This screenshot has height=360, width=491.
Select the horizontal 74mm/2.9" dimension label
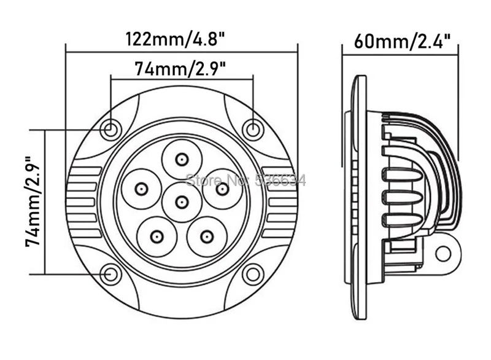pyautogui.click(x=180, y=69)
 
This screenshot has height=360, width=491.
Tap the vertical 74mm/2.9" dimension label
pyautogui.click(x=33, y=202)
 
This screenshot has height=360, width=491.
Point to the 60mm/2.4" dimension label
pyautogui.click(x=402, y=41)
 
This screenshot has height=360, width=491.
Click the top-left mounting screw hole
pyautogui.click(x=110, y=128)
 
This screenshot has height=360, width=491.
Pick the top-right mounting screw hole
pyautogui.click(x=253, y=128)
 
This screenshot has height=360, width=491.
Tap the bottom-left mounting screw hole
pyautogui.click(x=110, y=274)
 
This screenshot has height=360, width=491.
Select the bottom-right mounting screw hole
pyautogui.click(x=253, y=274)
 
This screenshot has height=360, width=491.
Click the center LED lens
pyautogui.click(x=181, y=202)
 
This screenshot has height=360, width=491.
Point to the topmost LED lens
pyautogui.click(x=181, y=160)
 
